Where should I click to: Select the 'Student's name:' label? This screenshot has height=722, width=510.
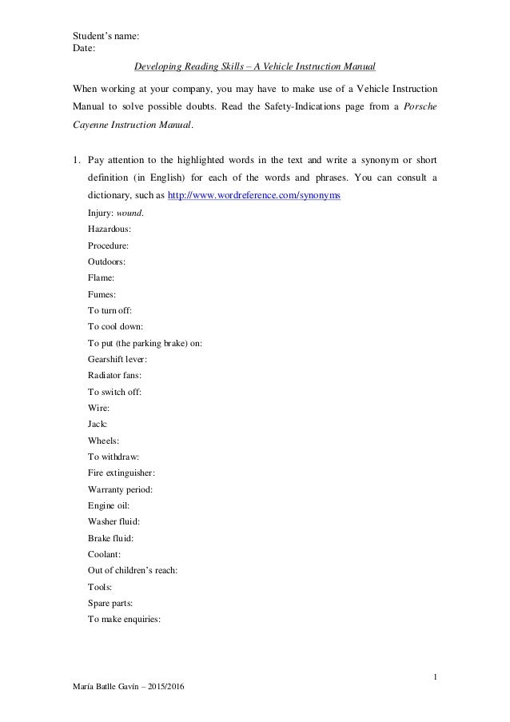107,36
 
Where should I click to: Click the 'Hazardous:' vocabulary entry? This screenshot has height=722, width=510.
110,229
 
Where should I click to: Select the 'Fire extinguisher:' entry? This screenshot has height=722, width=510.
122,472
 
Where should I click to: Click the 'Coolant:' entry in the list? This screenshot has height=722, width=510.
106,553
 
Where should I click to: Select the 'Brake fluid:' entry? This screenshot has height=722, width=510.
111,537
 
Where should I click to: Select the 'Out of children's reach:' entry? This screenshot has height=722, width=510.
132,569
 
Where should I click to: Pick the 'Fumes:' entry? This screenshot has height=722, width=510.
102,293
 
